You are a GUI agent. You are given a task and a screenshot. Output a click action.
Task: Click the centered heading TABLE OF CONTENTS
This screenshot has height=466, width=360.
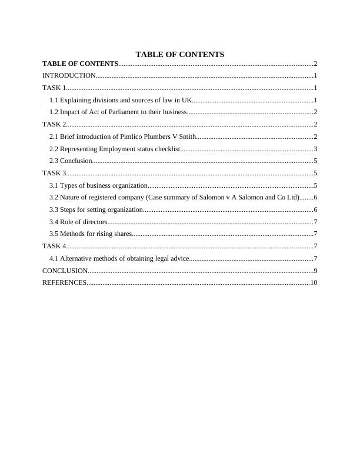pos(179,54)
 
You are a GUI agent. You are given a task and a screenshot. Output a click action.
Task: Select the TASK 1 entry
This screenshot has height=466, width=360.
pos(53,88)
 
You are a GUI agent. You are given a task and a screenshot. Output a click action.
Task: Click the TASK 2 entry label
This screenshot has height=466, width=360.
pos(53,124)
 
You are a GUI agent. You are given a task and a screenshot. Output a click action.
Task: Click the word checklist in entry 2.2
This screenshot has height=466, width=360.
pos(166,149)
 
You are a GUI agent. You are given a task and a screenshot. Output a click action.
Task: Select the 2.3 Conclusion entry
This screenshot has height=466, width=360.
pos(71,161)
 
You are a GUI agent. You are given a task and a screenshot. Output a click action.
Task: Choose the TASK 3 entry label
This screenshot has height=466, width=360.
pos(53,173)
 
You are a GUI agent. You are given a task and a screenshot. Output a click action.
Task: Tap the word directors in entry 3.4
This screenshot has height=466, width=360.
pos(94,222)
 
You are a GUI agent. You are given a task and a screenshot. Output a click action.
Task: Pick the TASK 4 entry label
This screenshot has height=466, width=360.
pos(53,246)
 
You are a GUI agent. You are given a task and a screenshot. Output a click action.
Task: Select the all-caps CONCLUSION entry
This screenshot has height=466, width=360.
pos(65,271)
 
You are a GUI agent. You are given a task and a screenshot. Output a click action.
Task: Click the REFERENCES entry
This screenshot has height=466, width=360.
pos(64,283)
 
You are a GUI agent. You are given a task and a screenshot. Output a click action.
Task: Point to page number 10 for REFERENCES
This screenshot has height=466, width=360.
pos(314,283)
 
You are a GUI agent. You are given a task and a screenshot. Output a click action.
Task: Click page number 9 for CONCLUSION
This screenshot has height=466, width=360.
pos(315,271)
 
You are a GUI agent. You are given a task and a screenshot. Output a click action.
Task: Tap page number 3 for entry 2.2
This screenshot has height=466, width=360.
pos(315,149)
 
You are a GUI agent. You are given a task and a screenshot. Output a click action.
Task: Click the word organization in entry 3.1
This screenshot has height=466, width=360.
pos(125,185)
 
